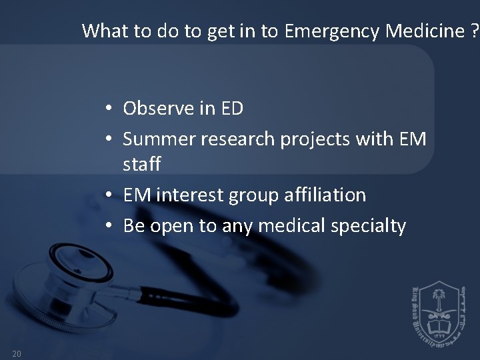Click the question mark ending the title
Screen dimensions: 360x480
click(x=474, y=31)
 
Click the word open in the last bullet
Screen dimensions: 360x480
click(x=171, y=227)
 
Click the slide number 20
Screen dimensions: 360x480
click(x=17, y=353)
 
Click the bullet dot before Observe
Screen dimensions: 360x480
click(x=107, y=108)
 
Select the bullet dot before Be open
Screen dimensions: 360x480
click(x=107, y=227)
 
